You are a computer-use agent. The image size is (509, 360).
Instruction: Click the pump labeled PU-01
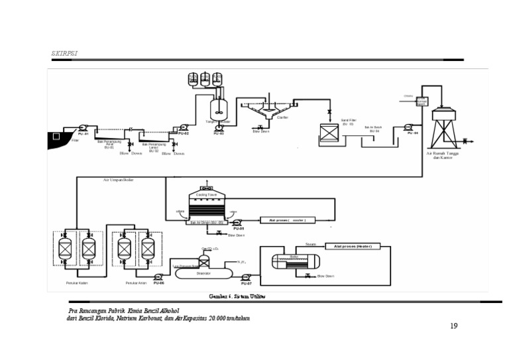coord(82,127)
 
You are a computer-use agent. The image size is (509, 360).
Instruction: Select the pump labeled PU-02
coord(184,127)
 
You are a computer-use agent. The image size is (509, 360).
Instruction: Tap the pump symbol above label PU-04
coord(409,127)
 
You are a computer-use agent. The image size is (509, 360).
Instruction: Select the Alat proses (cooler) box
coord(288,219)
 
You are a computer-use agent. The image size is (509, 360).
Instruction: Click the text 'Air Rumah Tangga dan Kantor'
coord(445,154)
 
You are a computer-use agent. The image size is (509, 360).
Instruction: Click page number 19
coord(453,326)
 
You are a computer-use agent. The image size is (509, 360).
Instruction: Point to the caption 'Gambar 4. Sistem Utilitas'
coord(237,296)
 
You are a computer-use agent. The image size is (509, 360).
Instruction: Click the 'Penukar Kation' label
coord(77,283)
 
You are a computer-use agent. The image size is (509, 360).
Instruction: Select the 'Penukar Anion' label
coord(135,283)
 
